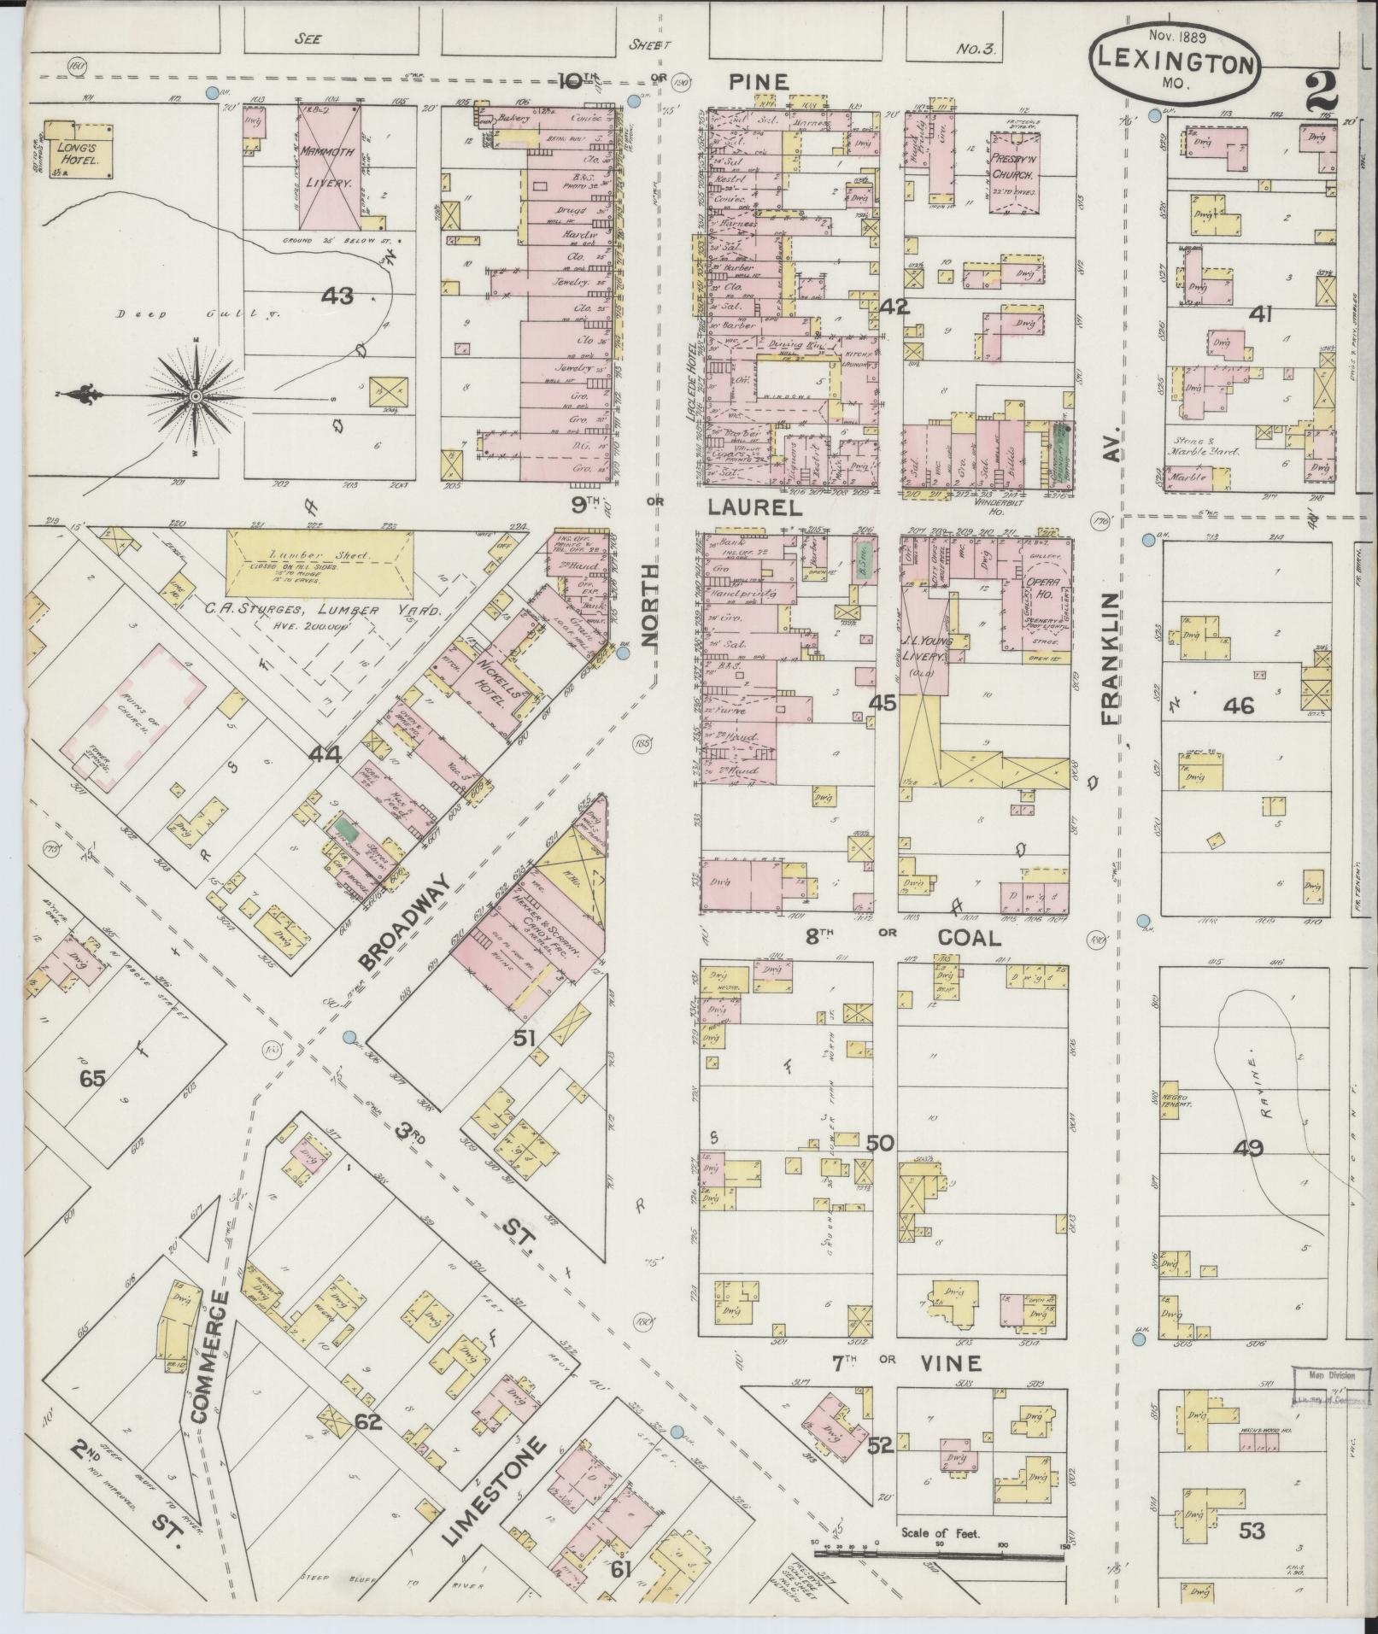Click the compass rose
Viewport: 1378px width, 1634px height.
pos(196,396)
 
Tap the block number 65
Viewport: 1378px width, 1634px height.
pos(91,1078)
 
